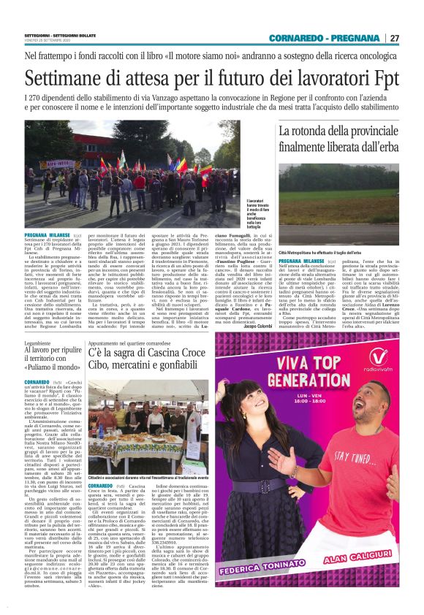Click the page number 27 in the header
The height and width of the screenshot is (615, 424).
(394, 37)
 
